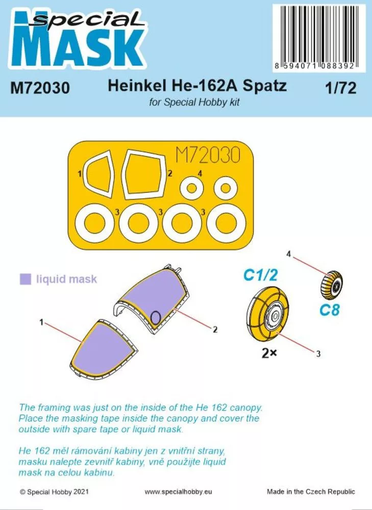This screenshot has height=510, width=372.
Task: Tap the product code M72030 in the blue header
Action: pyautogui.click(x=40, y=88)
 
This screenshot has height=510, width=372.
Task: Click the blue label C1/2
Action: pyautogui.click(x=260, y=275)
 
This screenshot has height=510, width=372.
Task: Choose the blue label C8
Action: pyautogui.click(x=329, y=310)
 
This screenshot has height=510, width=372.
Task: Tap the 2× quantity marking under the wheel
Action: pyautogui.click(x=269, y=353)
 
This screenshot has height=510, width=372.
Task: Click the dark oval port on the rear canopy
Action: pyautogui.click(x=157, y=317)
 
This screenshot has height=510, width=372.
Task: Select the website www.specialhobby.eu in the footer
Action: pyautogui.click(x=178, y=492)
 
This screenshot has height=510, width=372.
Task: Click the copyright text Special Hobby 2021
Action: pyautogui.click(x=54, y=492)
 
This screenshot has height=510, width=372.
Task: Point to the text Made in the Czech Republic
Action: pyautogui.click(x=311, y=492)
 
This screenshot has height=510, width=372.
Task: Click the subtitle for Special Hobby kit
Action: pyautogui.click(x=194, y=103)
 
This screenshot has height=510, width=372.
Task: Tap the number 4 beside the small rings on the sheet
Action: pyautogui.click(x=200, y=174)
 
